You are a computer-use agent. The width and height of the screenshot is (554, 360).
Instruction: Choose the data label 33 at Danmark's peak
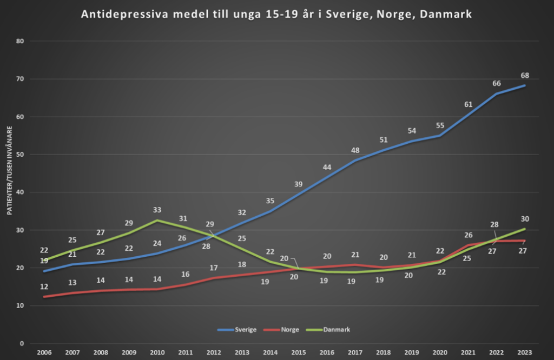tap(158, 210)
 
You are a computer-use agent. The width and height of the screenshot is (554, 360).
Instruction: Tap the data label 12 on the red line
tap(45, 286)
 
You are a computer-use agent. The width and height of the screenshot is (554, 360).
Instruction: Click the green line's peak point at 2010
tap(158, 220)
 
